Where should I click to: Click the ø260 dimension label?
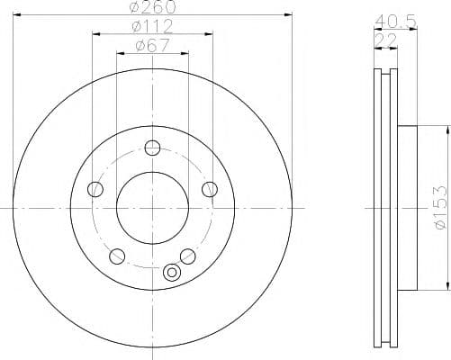coord(152,7)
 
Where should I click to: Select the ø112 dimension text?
coord(152,26)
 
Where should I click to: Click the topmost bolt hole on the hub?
coord(152,148)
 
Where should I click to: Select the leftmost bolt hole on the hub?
coord(95,189)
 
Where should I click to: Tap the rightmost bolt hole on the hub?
coord(210,189)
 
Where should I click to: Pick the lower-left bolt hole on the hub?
coord(116,256)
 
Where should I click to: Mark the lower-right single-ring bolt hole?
coord(187,256)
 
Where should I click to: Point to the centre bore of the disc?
coord(152,207)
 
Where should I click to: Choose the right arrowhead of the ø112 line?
coord(212,33)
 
